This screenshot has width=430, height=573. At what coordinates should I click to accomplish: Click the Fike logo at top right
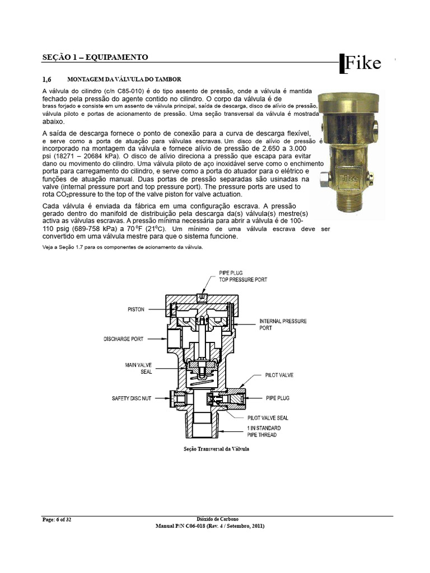[x=361, y=63]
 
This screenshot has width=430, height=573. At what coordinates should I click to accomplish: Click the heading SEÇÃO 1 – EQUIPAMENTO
[x=95, y=57]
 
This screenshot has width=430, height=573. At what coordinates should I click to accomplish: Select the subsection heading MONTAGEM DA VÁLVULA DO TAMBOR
[x=124, y=79]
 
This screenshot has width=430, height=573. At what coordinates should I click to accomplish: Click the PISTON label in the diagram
[x=135, y=308]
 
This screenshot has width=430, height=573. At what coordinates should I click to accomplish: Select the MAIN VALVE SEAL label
[x=138, y=368]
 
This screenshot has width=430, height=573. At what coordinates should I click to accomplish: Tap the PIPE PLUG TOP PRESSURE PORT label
[x=242, y=275]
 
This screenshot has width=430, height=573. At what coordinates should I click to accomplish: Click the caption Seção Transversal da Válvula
[x=216, y=449]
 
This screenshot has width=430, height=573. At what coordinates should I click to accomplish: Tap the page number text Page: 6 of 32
[x=57, y=520]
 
